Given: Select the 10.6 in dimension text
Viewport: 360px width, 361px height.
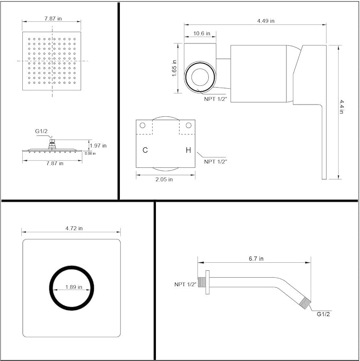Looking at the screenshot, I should tap(200, 33).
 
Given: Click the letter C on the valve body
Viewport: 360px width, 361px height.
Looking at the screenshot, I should tap(145, 150).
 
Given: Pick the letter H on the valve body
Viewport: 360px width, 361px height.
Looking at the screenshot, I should tap(188, 150).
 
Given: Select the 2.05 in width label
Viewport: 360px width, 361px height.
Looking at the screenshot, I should tap(164, 179).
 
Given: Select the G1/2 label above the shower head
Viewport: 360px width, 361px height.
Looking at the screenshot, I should tap(41, 131).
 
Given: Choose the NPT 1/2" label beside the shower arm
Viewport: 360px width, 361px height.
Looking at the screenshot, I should tap(185, 285).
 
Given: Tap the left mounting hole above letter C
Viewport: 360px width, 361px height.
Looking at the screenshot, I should tap(142, 125).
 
